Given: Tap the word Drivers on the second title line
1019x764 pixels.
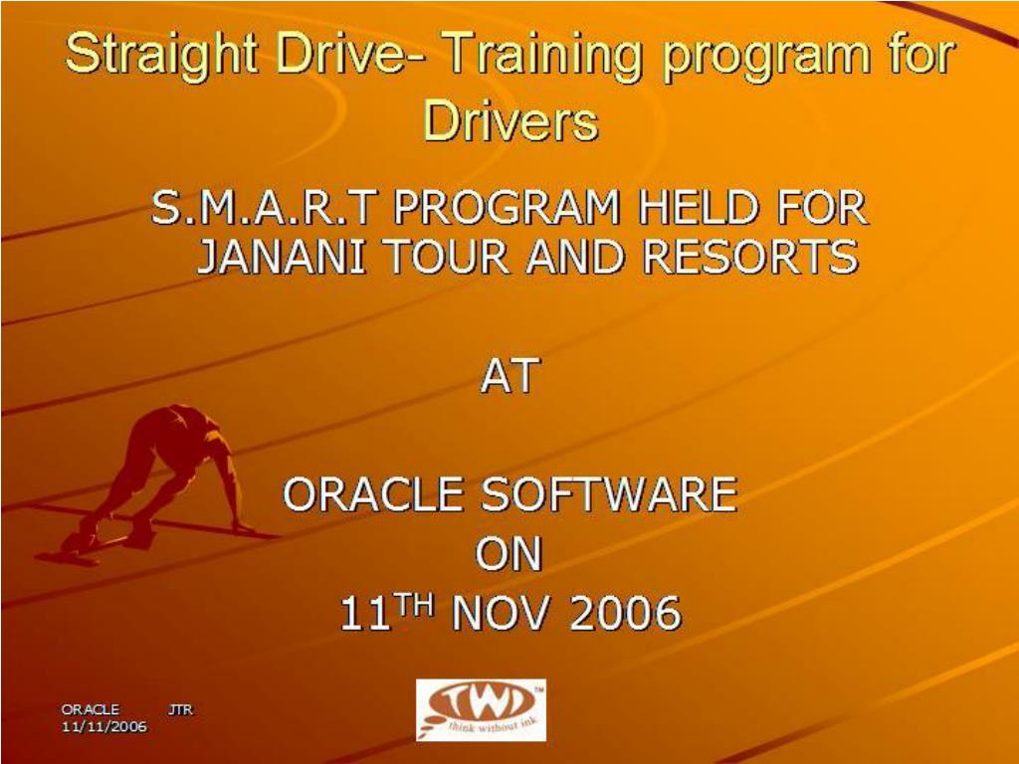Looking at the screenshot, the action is click(510, 120).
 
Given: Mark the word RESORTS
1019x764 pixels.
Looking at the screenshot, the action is click(750, 257).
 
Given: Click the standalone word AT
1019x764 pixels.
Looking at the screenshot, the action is click(510, 375).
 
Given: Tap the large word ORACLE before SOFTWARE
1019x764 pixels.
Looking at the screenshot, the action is click(372, 494).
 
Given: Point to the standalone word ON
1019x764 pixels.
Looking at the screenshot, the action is click(509, 554).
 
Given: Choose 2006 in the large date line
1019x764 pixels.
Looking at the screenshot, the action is click(625, 613).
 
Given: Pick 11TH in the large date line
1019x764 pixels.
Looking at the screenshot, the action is click(386, 612).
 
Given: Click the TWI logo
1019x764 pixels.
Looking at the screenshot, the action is click(481, 710).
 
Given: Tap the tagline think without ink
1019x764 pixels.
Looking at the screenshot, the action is click(488, 725).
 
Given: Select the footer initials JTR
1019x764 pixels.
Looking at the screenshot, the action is click(181, 709).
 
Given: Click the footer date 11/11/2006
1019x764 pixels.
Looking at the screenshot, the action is click(103, 725).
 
